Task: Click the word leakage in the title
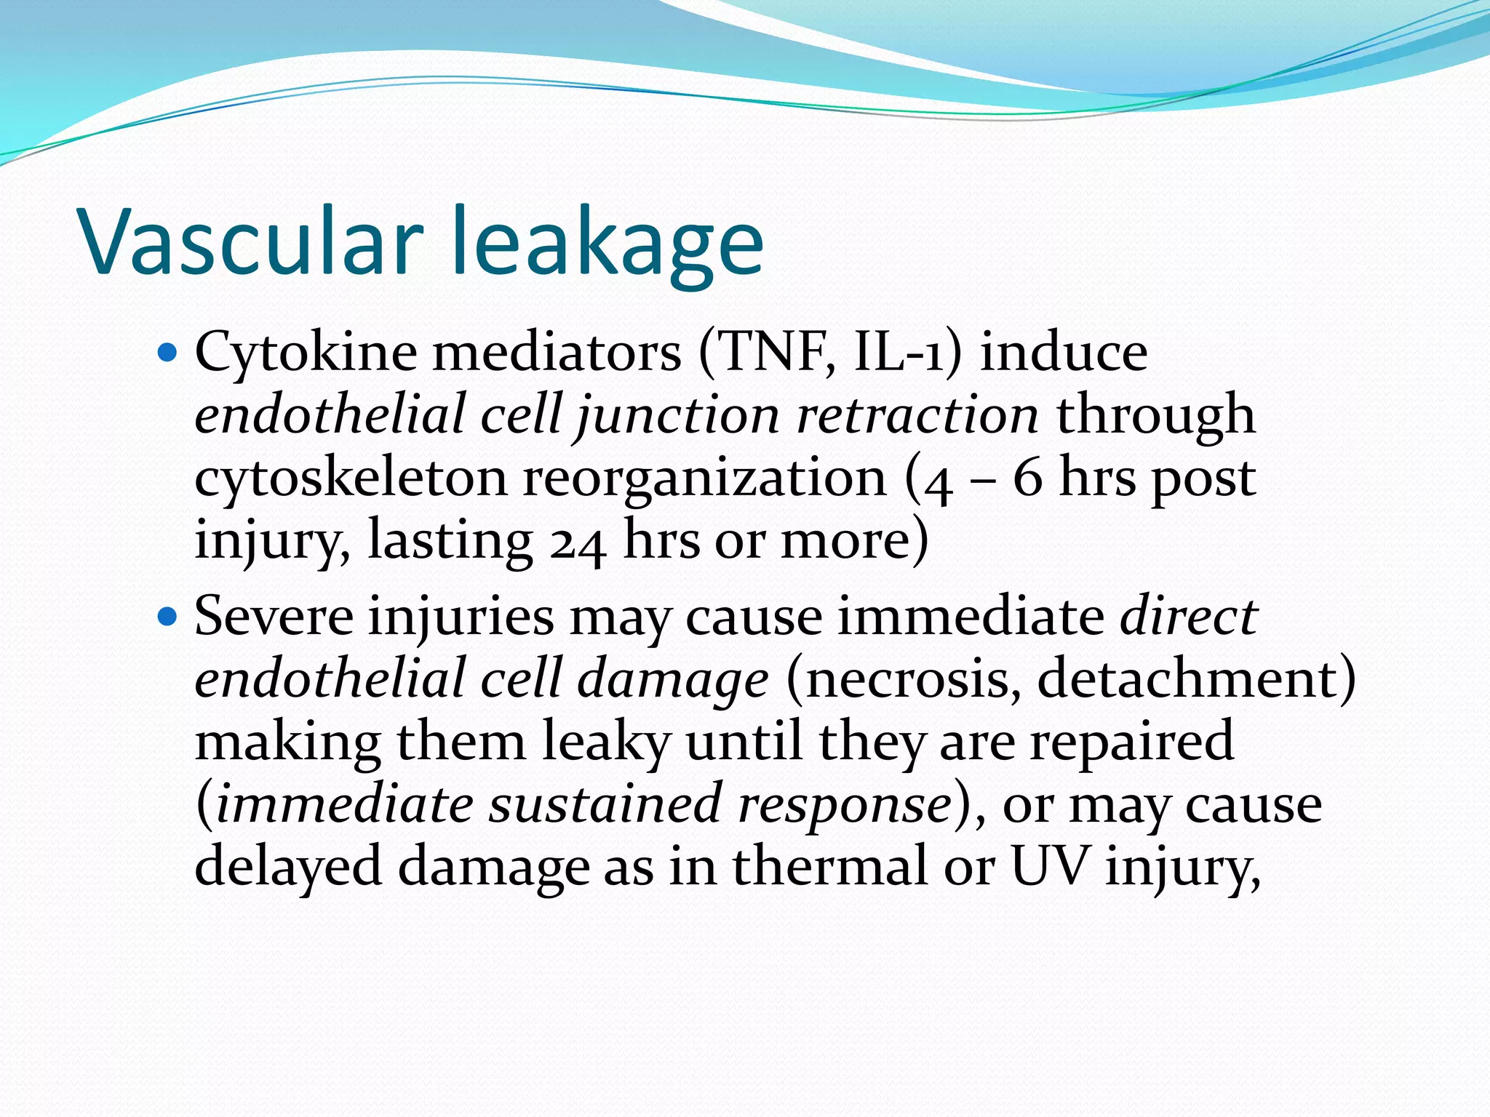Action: (x=607, y=244)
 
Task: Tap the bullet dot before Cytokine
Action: (x=167, y=353)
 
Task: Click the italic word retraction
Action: (x=917, y=415)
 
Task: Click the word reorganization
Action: (x=704, y=480)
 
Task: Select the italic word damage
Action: (x=672, y=681)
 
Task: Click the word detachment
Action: (x=1186, y=679)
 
